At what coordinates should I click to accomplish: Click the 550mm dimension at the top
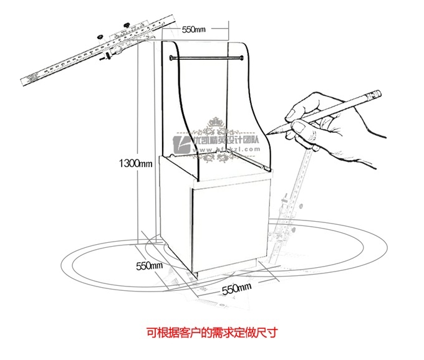(x=194, y=29)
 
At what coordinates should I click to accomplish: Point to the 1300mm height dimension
(x=137, y=164)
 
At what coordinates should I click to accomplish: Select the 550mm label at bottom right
(x=236, y=288)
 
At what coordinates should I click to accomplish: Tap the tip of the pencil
(x=270, y=133)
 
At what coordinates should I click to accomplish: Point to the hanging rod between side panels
(x=206, y=58)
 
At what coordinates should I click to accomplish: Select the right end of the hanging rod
(x=241, y=58)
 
